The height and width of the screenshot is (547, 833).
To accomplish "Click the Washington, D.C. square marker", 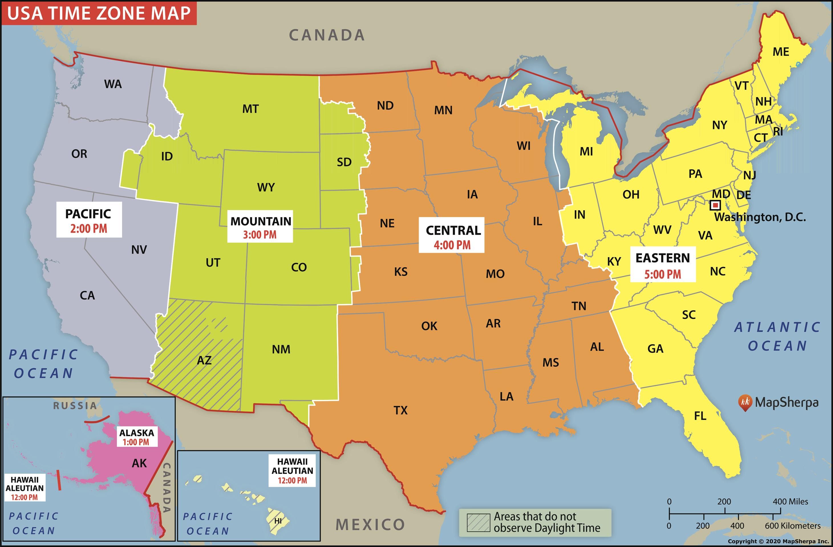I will point(715,205).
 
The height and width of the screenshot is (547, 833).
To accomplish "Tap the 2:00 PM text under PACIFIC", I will point(89,229).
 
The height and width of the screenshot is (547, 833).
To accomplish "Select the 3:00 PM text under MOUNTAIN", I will point(260,235).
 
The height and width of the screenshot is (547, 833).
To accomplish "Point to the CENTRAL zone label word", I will point(453,230).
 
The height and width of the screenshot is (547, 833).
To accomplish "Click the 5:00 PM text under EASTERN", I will point(662,274).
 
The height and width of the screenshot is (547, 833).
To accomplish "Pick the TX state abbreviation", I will point(400,410).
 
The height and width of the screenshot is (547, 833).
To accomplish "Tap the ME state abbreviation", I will point(781,52).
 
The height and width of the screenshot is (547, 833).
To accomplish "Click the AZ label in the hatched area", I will point(204,360).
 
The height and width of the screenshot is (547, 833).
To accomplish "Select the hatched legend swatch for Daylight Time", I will point(478,522).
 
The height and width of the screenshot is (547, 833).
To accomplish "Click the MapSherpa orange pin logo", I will point(745,402).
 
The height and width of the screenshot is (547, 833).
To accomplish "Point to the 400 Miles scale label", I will point(790,501).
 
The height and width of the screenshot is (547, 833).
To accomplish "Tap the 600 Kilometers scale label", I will point(793,526).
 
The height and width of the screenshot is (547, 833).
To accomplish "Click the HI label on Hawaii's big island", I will point(278,521).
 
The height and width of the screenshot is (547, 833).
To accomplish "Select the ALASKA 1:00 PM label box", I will point(137,437).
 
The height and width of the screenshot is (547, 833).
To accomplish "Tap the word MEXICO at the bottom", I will point(370,524).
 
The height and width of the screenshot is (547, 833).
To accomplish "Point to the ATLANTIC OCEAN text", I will point(777,336).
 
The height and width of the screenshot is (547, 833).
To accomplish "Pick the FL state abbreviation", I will point(700,416).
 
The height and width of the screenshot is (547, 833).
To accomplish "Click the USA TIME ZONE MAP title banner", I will point(99,13).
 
